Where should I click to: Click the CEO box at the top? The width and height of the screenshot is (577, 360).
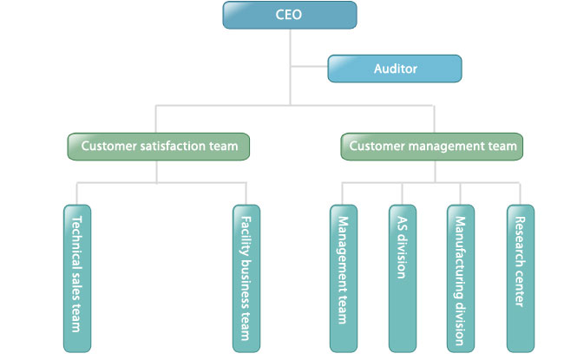(290, 15)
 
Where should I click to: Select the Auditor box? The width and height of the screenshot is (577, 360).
(395, 69)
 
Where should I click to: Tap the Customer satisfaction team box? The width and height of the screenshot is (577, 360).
(159, 147)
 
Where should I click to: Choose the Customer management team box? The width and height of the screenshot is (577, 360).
(432, 147)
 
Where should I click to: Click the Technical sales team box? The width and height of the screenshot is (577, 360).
(77, 278)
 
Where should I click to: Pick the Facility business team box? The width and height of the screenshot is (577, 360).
(246, 278)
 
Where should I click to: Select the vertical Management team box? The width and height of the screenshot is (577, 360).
(344, 278)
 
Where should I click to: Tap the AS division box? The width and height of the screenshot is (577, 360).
(403, 278)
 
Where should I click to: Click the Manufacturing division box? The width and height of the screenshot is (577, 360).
(461, 278)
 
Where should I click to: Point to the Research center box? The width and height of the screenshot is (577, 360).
(521, 278)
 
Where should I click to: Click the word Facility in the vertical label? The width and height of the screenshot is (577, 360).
(246, 237)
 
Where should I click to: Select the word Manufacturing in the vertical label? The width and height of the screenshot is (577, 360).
(460, 258)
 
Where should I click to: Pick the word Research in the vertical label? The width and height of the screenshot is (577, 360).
(520, 242)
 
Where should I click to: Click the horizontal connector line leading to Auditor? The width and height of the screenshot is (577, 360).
(309, 67)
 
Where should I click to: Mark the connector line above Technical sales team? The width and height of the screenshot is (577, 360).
(77, 193)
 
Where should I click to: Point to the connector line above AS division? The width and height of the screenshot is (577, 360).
(403, 193)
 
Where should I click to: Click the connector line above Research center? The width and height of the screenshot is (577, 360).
(520, 193)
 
